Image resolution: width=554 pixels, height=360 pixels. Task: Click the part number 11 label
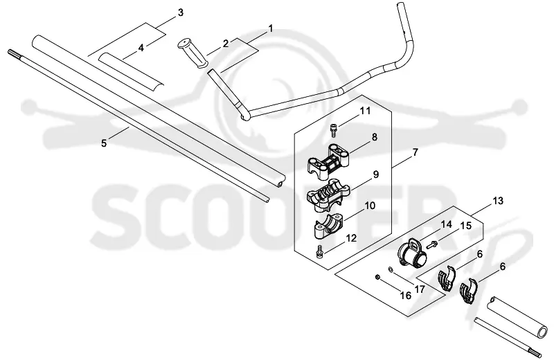pos(365,111)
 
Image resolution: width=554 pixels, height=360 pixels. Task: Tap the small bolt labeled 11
pos(333,129)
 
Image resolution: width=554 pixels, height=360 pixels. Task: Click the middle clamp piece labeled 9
pos(328,195)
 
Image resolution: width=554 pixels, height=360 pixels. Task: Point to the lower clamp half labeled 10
pos(328,226)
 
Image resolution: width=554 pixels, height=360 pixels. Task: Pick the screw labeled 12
pos(320,251)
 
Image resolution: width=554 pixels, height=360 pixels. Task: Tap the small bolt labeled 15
pos(432,244)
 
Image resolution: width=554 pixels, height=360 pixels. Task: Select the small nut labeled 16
pos(377,278)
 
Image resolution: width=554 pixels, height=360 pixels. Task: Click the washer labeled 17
pos(391,269)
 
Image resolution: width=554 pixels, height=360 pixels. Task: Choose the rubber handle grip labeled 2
pos(194,53)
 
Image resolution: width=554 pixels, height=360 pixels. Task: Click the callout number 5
pos(103,143)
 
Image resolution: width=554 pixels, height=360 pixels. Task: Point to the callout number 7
pos(415,152)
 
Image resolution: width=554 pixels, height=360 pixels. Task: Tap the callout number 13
pos(497,201)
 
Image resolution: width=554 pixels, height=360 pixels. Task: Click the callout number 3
pos(180,13)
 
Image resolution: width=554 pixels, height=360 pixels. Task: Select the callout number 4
pos(141,47)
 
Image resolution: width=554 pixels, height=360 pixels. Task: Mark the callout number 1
pos(271,28)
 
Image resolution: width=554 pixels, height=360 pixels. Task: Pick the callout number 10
pos(370,205)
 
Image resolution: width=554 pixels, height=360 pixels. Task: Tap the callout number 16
pos(406,296)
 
